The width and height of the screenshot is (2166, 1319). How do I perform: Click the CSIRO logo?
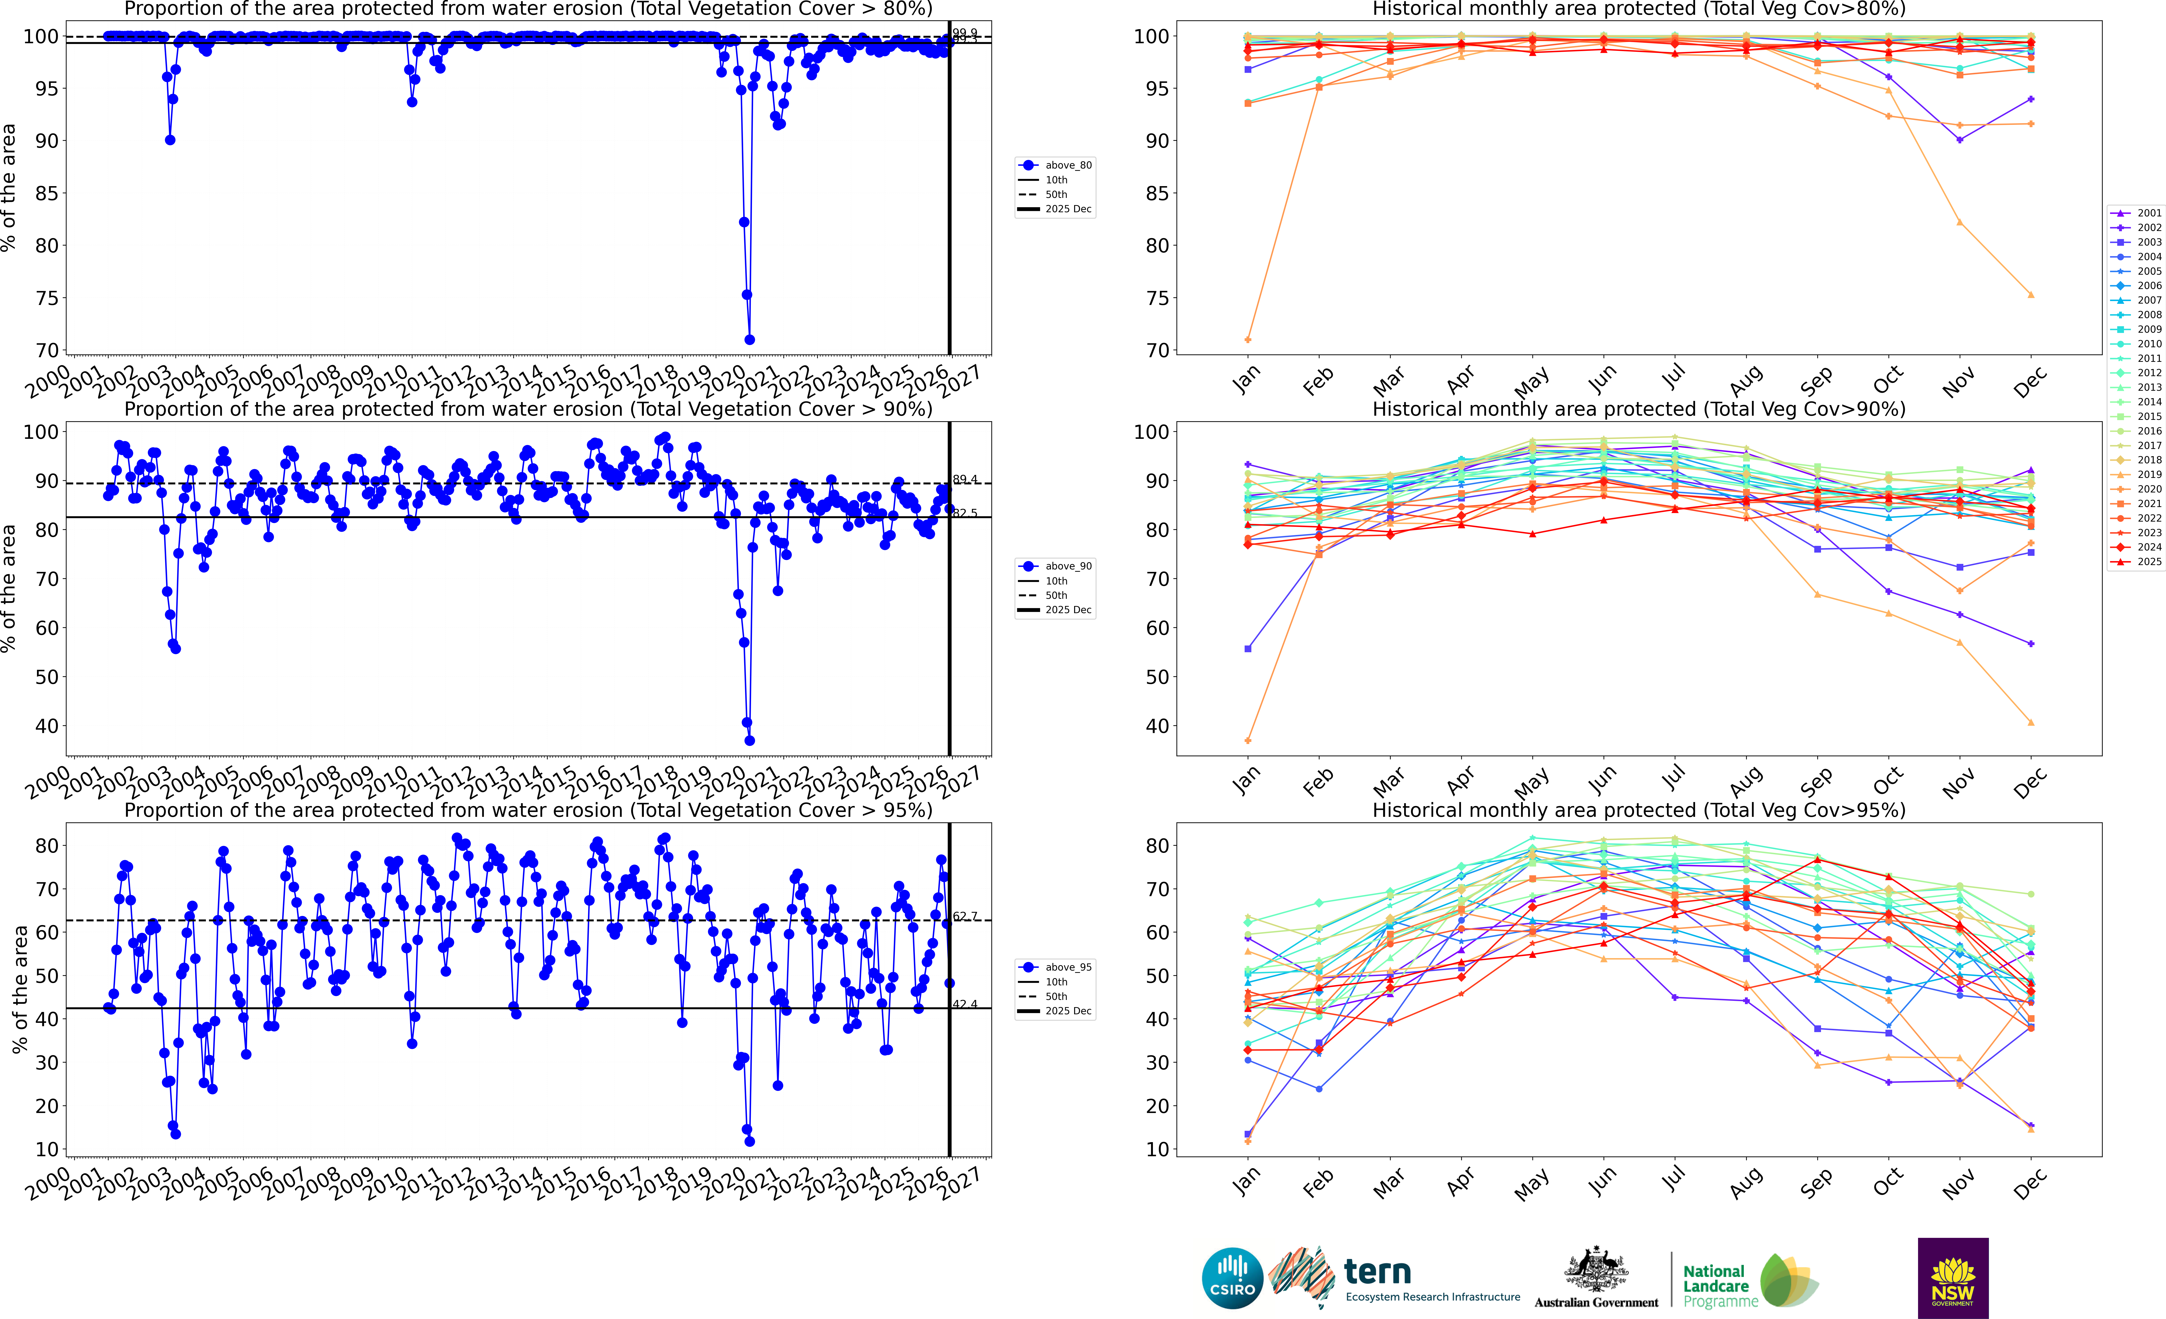pyautogui.click(x=1232, y=1278)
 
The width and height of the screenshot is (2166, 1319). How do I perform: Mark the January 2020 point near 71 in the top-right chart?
pyautogui.click(x=1248, y=339)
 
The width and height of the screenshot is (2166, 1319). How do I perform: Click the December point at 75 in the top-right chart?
pyautogui.click(x=2031, y=295)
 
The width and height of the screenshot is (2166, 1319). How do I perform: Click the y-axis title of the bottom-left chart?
pyautogui.click(x=19, y=989)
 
